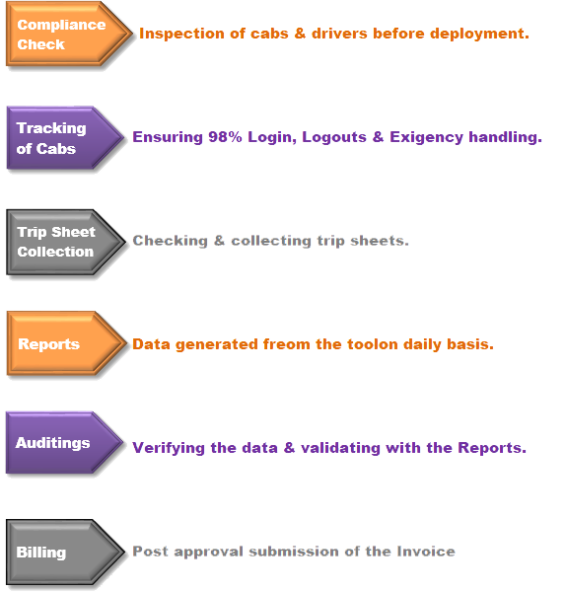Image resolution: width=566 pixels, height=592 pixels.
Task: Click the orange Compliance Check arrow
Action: (x=69, y=34)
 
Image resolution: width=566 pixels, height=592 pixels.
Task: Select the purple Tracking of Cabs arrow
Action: (x=65, y=138)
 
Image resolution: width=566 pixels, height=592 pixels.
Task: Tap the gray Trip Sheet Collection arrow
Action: (x=66, y=242)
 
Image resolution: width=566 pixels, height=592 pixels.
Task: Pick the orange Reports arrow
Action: (x=66, y=343)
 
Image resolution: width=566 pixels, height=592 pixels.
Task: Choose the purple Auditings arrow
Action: (x=64, y=442)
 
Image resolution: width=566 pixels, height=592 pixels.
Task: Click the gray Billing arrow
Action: (x=65, y=552)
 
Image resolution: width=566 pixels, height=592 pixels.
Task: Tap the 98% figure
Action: (x=225, y=137)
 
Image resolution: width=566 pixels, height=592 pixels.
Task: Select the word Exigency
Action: (x=426, y=138)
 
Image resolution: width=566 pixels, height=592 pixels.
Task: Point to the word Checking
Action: (x=171, y=241)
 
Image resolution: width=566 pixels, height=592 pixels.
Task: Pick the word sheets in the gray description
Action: (x=380, y=241)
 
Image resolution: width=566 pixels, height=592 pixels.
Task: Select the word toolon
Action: (x=373, y=344)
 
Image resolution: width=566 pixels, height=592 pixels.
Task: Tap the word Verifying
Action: (x=170, y=448)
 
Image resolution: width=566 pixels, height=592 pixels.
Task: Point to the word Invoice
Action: (x=426, y=552)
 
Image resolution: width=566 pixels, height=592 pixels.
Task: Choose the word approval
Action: (x=208, y=553)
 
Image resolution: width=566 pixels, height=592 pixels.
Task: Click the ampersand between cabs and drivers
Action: (x=300, y=34)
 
